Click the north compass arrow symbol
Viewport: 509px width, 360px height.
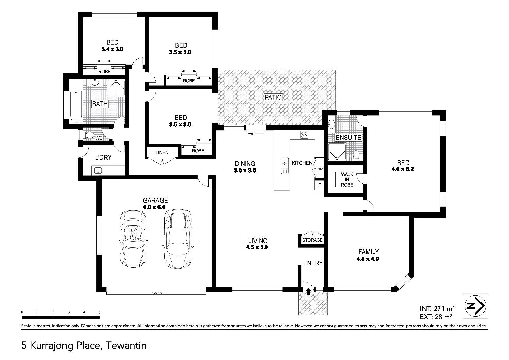[475, 306]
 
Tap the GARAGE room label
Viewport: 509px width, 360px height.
[155, 201]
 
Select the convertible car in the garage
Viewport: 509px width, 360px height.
[133, 239]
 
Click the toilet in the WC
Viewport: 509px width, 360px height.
[89, 136]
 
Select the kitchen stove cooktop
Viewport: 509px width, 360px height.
[304, 135]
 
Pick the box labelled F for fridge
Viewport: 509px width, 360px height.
[319, 186]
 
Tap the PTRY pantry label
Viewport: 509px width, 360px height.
[320, 169]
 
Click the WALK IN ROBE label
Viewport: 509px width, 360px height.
[347, 179]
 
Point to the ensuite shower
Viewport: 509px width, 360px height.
[337, 151]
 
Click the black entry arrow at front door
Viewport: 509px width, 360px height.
[308, 291]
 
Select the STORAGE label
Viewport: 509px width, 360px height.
[312, 240]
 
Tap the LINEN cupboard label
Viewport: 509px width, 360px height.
[162, 152]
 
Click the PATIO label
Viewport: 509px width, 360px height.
[273, 97]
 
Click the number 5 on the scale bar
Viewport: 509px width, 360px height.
[99, 312]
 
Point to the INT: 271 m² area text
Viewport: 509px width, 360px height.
[437, 309]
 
